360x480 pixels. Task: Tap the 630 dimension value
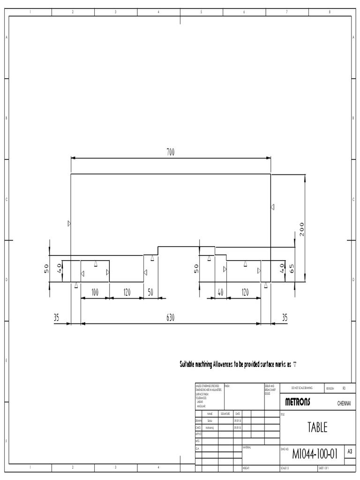(170, 317)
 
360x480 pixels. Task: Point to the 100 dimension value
(95, 292)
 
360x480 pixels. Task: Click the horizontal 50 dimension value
(150, 292)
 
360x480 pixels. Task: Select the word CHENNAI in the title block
(344, 403)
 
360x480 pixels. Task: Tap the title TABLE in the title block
(317, 427)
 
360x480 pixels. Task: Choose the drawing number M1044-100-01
(315, 454)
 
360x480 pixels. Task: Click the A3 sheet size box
(349, 451)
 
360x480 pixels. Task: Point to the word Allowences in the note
(226, 364)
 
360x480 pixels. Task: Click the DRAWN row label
(198, 421)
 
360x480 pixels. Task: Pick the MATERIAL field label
(247, 448)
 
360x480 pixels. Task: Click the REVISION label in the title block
(330, 389)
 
